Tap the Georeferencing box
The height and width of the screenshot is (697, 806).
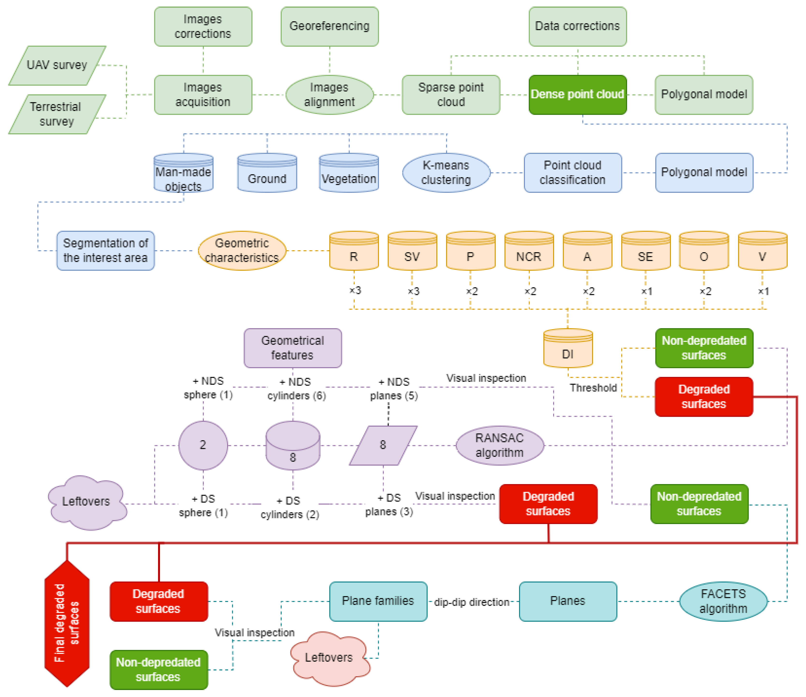330,26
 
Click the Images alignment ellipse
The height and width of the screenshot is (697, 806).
330,95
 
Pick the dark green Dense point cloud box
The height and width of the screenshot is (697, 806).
577,95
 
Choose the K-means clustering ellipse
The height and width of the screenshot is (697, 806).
446,173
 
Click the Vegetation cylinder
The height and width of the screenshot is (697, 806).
349,173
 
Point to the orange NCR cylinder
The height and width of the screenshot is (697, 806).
529,251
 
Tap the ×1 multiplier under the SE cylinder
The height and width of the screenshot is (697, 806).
646,291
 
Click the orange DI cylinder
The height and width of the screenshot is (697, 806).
568,348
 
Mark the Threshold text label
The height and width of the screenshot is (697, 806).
593,388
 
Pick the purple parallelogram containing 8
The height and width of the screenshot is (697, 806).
383,446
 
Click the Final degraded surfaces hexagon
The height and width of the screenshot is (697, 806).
67,623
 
